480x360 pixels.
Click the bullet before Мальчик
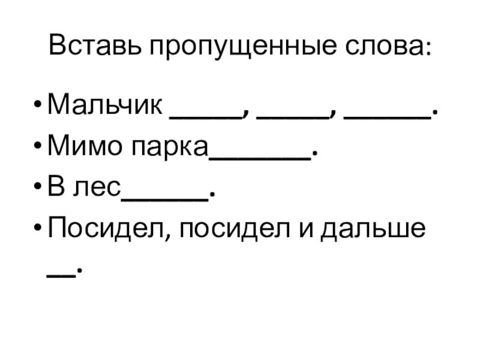click(38, 109)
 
